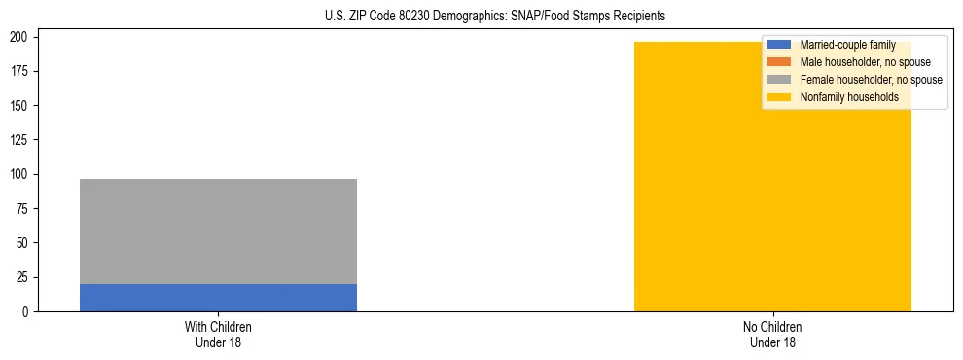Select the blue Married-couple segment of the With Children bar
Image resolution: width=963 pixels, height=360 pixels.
tap(218, 298)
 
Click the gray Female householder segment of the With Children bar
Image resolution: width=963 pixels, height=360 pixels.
tap(218, 232)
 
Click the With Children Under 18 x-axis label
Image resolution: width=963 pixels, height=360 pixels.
tap(218, 334)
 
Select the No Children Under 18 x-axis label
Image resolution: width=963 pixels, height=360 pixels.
tap(772, 334)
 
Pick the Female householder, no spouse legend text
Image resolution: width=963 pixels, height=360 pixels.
tap(871, 80)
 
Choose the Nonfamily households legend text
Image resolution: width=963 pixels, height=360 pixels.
tap(849, 97)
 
